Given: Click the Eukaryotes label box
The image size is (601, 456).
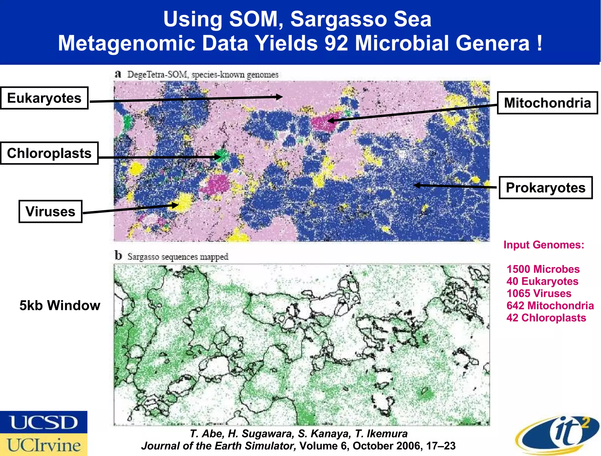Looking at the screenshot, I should [44, 98].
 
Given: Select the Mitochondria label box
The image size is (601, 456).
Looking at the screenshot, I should [547, 103].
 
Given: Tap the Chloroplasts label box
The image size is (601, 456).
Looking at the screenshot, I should [49, 153].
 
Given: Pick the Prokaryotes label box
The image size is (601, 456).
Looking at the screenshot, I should [546, 188].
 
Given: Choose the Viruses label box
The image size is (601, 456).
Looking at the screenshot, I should [50, 211].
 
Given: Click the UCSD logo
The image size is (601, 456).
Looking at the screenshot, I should [44, 422].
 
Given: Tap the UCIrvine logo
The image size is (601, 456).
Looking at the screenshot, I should [44, 445].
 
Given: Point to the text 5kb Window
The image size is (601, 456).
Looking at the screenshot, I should [60, 305].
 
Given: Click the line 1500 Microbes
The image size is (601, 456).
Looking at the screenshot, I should [543, 269].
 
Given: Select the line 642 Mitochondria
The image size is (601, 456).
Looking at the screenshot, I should [550, 306].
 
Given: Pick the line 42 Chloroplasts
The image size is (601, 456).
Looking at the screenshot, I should [546, 318].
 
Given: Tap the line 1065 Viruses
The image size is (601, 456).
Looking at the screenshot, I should [539, 293].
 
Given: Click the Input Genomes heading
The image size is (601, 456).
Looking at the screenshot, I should [544, 245].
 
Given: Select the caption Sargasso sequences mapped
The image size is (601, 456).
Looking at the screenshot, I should [178, 257].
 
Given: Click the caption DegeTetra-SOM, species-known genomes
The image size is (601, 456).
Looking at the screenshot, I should [202, 75].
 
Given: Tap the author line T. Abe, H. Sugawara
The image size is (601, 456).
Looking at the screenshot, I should [298, 433].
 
